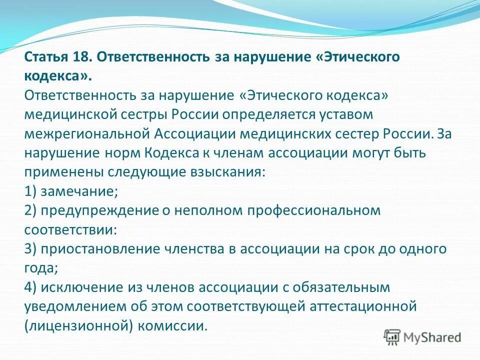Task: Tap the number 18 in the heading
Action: point(83,56)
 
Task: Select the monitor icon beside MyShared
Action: point(392,336)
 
